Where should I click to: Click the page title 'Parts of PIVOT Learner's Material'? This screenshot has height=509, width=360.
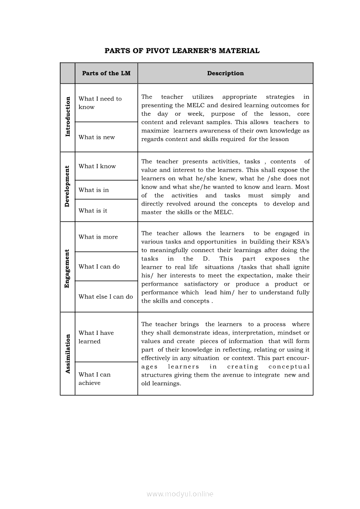[182, 51]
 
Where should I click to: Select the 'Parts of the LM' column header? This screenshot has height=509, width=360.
[106, 73]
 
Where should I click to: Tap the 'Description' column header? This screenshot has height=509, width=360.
[225, 73]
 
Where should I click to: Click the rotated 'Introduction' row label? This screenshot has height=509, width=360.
[68, 117]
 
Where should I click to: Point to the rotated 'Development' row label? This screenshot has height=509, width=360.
[68, 186]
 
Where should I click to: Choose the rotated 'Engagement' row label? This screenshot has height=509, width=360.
[68, 268]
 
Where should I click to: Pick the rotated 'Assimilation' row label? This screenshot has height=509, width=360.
[68, 353]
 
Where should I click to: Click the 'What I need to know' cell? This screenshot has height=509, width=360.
[100, 103]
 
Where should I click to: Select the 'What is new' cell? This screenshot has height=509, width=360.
[97, 137]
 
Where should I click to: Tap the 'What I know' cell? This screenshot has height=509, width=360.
[97, 166]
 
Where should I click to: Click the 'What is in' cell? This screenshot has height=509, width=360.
[94, 190]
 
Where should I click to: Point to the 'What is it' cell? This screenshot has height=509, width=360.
[93, 211]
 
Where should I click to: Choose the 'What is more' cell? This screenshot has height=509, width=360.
[98, 237]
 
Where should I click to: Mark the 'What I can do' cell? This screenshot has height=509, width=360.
[99, 266]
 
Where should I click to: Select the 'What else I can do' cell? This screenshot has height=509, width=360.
[105, 297]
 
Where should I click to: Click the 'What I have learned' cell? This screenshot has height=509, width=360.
[96, 337]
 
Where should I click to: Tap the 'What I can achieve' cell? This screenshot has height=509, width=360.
[95, 378]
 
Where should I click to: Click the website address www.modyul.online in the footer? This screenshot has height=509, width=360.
[180, 494]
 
